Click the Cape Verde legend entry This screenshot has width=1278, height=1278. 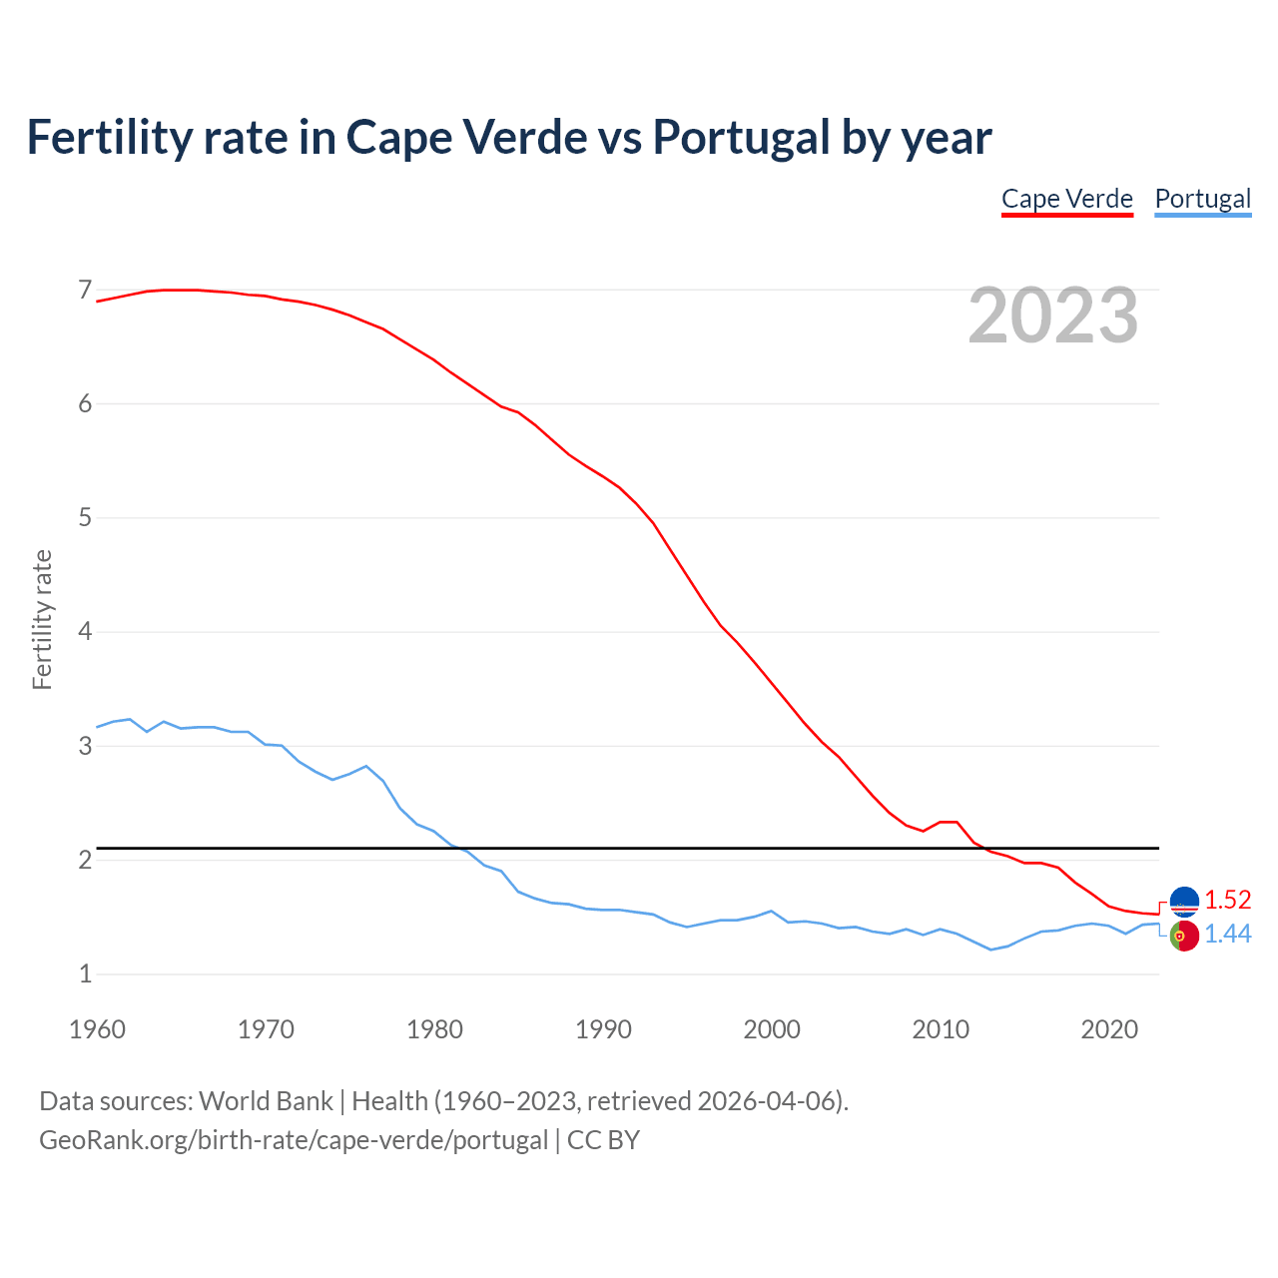[x=1067, y=199]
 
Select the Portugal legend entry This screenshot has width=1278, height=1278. [x=1202, y=199]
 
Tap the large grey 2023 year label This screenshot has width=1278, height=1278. [x=1052, y=316]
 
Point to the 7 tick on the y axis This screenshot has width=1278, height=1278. [x=85, y=291]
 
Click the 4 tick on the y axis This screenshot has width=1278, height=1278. [x=85, y=632]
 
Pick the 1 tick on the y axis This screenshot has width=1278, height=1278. [x=85, y=973]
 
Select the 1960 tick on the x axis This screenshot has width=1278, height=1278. [x=97, y=1029]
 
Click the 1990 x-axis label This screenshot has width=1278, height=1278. [x=603, y=1029]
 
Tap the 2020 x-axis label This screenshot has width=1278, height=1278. [x=1109, y=1029]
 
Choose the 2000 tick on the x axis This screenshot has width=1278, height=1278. [x=772, y=1029]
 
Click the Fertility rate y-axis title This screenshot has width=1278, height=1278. [x=42, y=619]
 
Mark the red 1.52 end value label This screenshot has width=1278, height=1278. [x=1227, y=900]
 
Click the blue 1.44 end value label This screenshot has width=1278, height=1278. [x=1227, y=934]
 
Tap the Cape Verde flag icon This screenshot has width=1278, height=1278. [x=1184, y=902]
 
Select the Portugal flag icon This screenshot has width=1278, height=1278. [x=1184, y=937]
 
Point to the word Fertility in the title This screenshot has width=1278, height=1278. [x=108, y=137]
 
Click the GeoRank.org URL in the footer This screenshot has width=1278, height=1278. [x=294, y=1140]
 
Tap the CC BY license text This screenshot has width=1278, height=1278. [x=603, y=1140]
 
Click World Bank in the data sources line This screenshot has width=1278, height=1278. [x=266, y=1101]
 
